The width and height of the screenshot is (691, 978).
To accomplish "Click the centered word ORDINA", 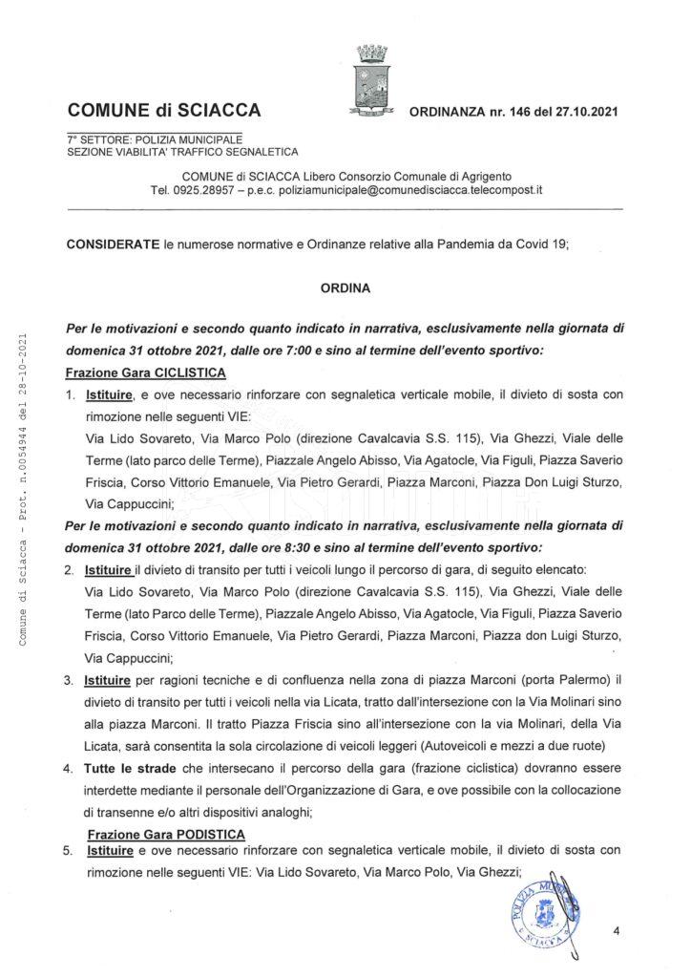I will pyautogui.click(x=345, y=285).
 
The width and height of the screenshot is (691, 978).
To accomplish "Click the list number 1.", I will pyautogui.click(x=70, y=393).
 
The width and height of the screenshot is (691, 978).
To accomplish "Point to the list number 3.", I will pyautogui.click(x=70, y=680).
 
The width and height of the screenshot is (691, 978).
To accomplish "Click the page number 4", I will pyautogui.click(x=617, y=932).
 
